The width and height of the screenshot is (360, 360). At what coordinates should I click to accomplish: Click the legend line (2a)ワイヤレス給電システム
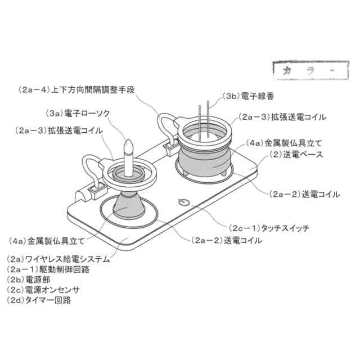click(58, 260)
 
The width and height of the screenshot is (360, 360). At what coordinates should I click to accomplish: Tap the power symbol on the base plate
click(183, 202)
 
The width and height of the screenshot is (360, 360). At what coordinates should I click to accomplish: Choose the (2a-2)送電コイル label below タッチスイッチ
click(226, 240)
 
